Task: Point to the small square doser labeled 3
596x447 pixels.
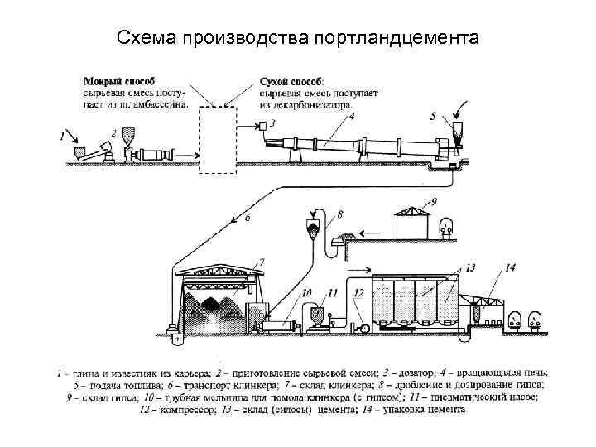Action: click(262, 126)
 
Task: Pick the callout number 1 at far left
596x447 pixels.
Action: click(60, 135)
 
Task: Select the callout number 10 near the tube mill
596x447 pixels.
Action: click(305, 293)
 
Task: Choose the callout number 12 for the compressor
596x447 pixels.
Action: click(358, 292)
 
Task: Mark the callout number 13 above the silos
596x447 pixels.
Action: click(469, 268)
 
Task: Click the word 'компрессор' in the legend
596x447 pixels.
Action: click(180, 407)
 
